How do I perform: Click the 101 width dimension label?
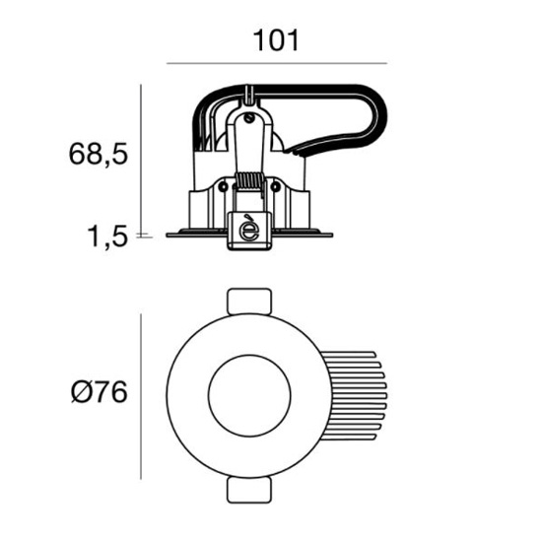276,40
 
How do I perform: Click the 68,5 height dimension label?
99,154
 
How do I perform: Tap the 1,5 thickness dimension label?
107,237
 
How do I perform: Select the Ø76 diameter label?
100,392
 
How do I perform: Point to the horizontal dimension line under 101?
277,64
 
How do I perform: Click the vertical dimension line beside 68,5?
141,159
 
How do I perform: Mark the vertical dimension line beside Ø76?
141,396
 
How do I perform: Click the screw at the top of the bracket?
249,118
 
